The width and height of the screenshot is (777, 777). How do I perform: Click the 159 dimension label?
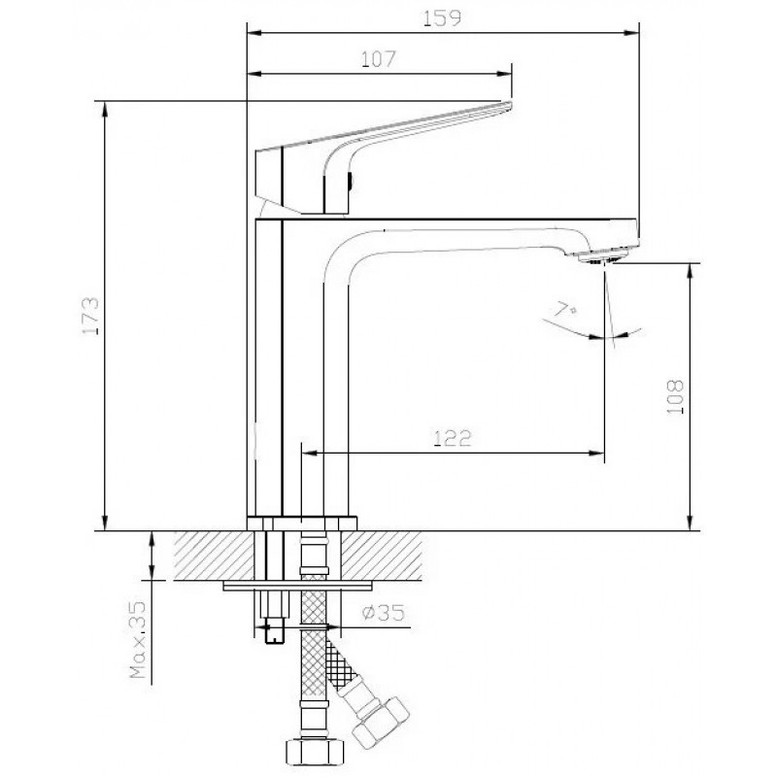(x=442, y=17)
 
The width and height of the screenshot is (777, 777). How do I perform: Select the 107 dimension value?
(x=378, y=59)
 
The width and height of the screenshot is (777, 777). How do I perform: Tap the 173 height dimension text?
(x=90, y=316)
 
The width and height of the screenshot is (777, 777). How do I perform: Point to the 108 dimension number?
(x=675, y=397)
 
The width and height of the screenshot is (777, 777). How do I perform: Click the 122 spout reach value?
(x=453, y=438)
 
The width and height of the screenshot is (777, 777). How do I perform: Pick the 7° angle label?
(x=565, y=310)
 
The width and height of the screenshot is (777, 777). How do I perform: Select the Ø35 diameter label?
(x=383, y=613)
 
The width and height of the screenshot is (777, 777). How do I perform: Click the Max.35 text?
(x=138, y=640)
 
